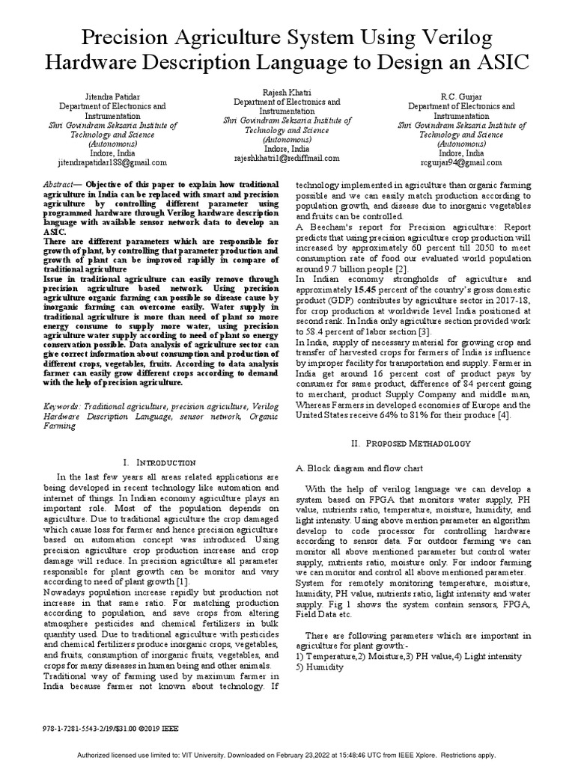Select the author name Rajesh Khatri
tap(287, 92)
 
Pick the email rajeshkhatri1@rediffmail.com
tap(287, 158)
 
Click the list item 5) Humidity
tap(320, 667)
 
